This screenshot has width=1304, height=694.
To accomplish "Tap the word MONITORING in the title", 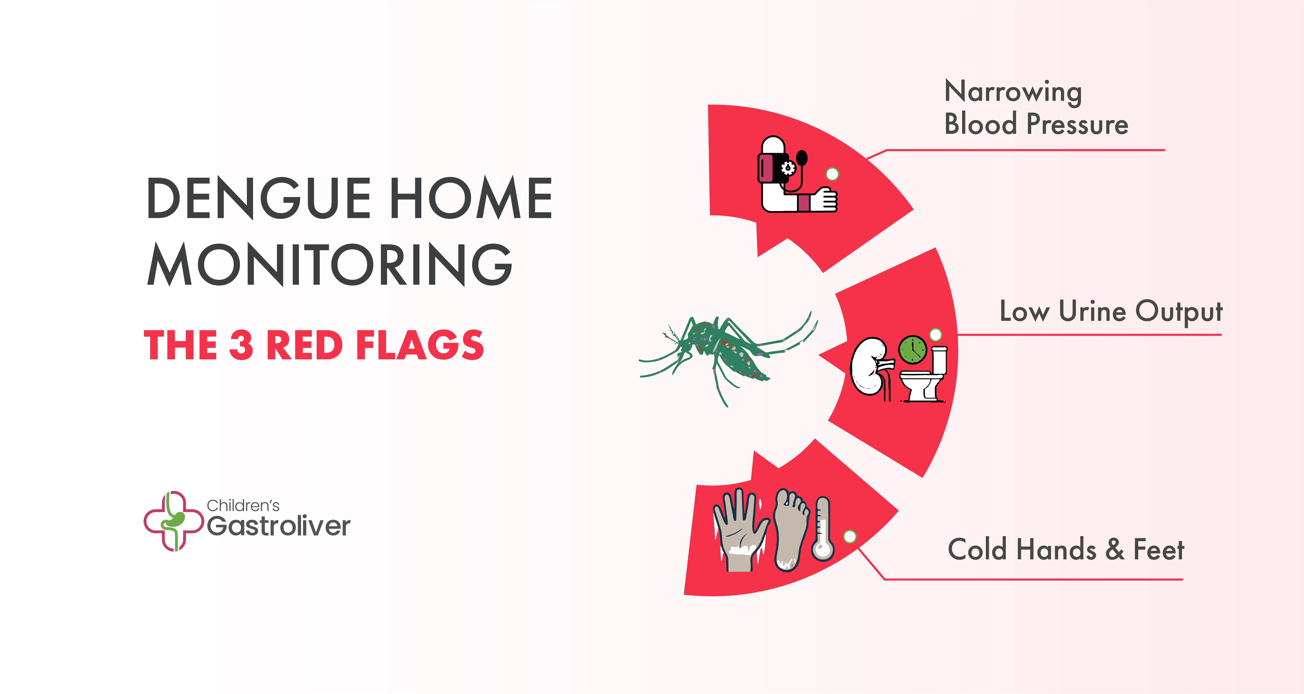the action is click(330, 264).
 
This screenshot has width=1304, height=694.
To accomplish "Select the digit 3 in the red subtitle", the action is click(241, 345).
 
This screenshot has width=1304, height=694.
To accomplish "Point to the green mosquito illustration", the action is click(729, 357).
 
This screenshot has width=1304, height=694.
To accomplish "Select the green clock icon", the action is click(913, 349).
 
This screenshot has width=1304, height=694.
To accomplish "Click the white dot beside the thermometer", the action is click(850, 537).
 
